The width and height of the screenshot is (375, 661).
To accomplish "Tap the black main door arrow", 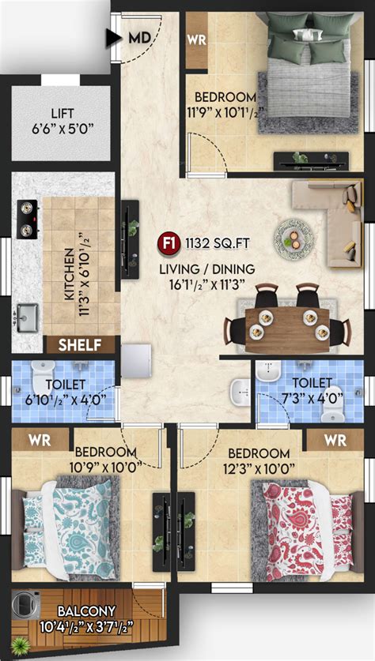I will point(112,36).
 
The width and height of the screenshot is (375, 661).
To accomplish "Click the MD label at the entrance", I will point(139,36).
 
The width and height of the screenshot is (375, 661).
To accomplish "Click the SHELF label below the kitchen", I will point(81,344).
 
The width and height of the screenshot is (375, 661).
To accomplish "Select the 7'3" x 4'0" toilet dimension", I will point(301,399).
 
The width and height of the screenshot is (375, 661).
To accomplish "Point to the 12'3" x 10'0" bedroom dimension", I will point(259,468).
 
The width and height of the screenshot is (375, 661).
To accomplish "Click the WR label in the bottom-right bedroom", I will point(335,439).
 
